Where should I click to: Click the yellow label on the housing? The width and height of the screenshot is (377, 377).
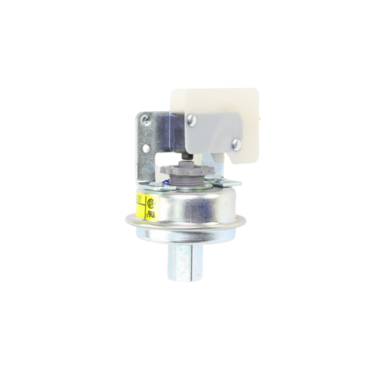pos(143,205)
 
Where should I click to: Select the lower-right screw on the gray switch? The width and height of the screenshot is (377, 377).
pos(235,145)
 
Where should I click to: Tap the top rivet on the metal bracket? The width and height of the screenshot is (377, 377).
pos(147,121)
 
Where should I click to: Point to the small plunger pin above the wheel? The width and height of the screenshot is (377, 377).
pos(201,159)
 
